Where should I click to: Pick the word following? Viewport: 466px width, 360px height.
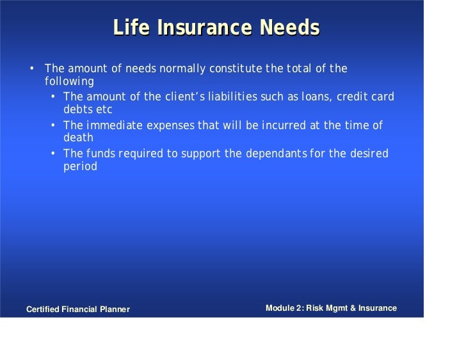[69, 82]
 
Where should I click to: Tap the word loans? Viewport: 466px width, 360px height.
[309, 97]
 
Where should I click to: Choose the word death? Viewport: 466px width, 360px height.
[78, 137]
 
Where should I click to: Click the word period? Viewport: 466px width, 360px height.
[80, 167]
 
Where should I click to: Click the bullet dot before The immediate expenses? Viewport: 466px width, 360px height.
[54, 125]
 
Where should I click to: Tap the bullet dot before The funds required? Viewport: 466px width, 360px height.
[54, 154]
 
